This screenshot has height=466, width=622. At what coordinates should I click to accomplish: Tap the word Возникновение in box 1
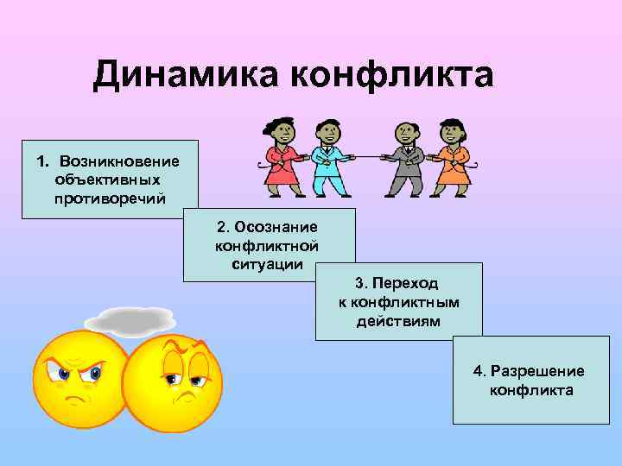click(119, 161)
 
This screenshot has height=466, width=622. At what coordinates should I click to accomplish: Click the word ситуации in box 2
click(268, 263)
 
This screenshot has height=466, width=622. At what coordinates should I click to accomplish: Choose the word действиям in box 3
click(398, 320)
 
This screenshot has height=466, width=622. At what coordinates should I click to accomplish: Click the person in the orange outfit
click(451, 160)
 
